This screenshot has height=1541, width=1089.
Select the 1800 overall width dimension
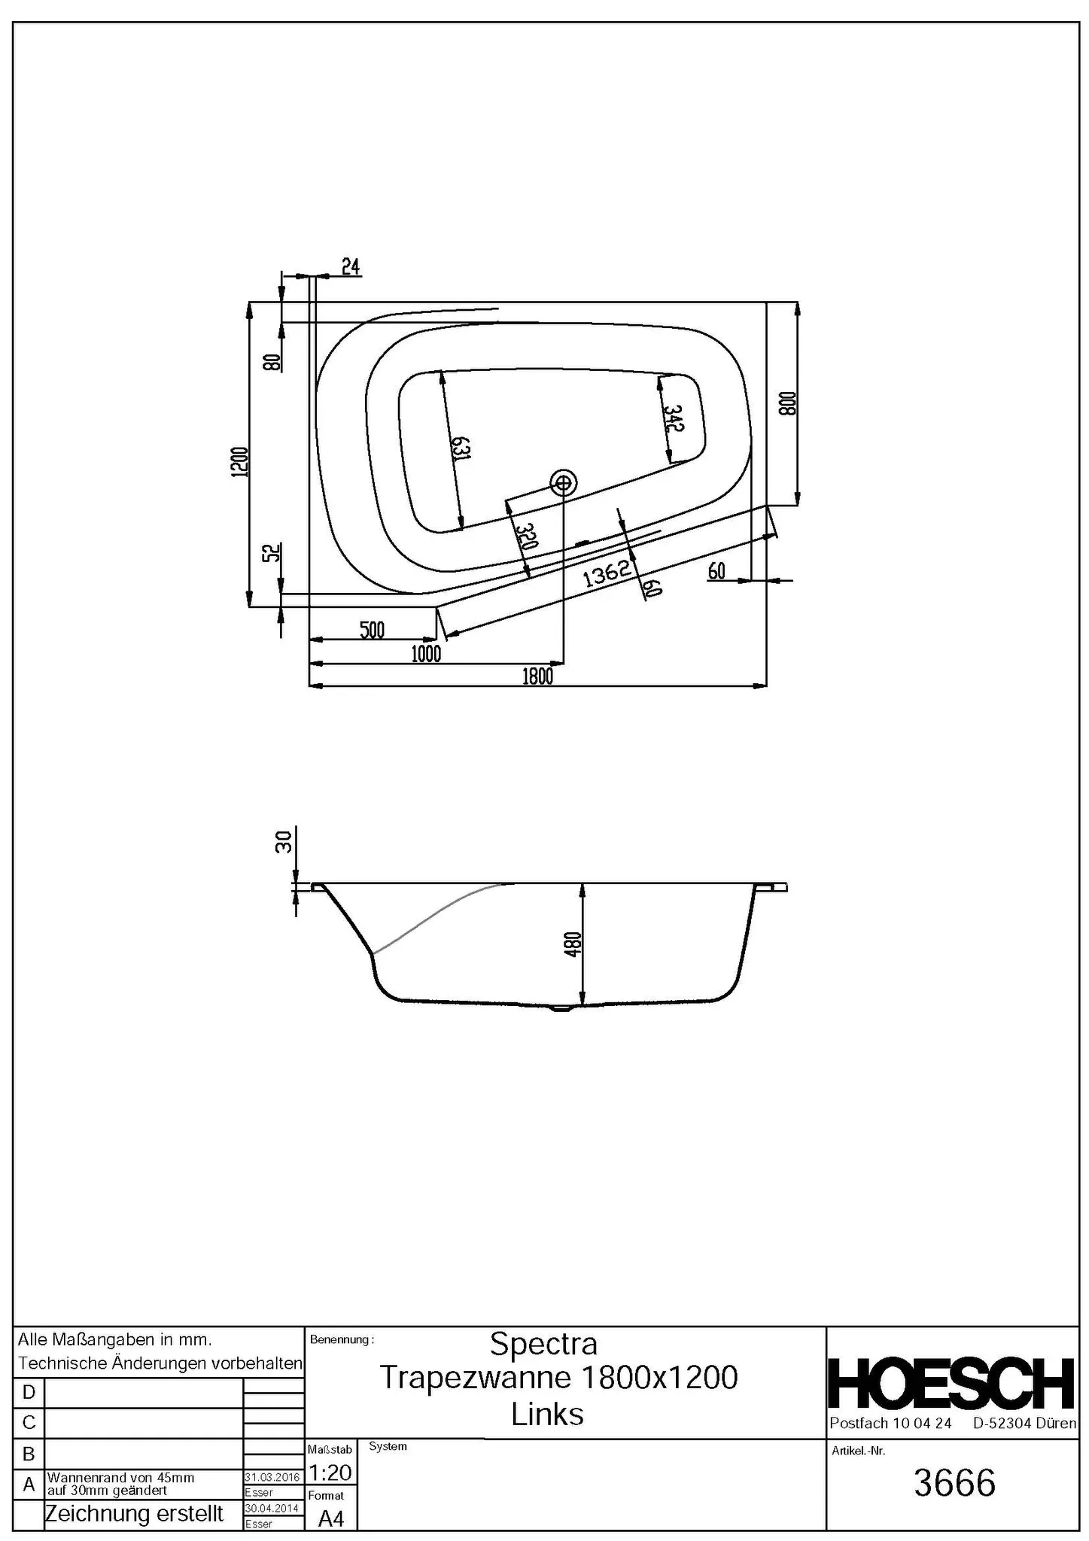tap(538, 676)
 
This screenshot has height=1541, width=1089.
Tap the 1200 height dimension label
tap(240, 461)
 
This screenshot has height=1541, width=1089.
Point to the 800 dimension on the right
tap(787, 404)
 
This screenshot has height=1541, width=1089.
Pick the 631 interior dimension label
tap(461, 448)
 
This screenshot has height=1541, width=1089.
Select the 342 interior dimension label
tap(673, 418)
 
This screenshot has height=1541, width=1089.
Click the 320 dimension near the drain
tap(527, 536)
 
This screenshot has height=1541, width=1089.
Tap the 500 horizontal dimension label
tap(372, 630)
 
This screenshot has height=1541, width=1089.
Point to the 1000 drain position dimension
tap(426, 654)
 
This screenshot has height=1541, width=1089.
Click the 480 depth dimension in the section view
tap(573, 944)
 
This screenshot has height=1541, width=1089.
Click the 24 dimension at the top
tap(351, 266)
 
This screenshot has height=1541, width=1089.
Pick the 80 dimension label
tap(272, 363)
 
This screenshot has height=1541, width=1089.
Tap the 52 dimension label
tap(272, 553)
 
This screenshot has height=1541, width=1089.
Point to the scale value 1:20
tap(330, 1472)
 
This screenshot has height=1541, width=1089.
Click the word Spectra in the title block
tap(543, 1343)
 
